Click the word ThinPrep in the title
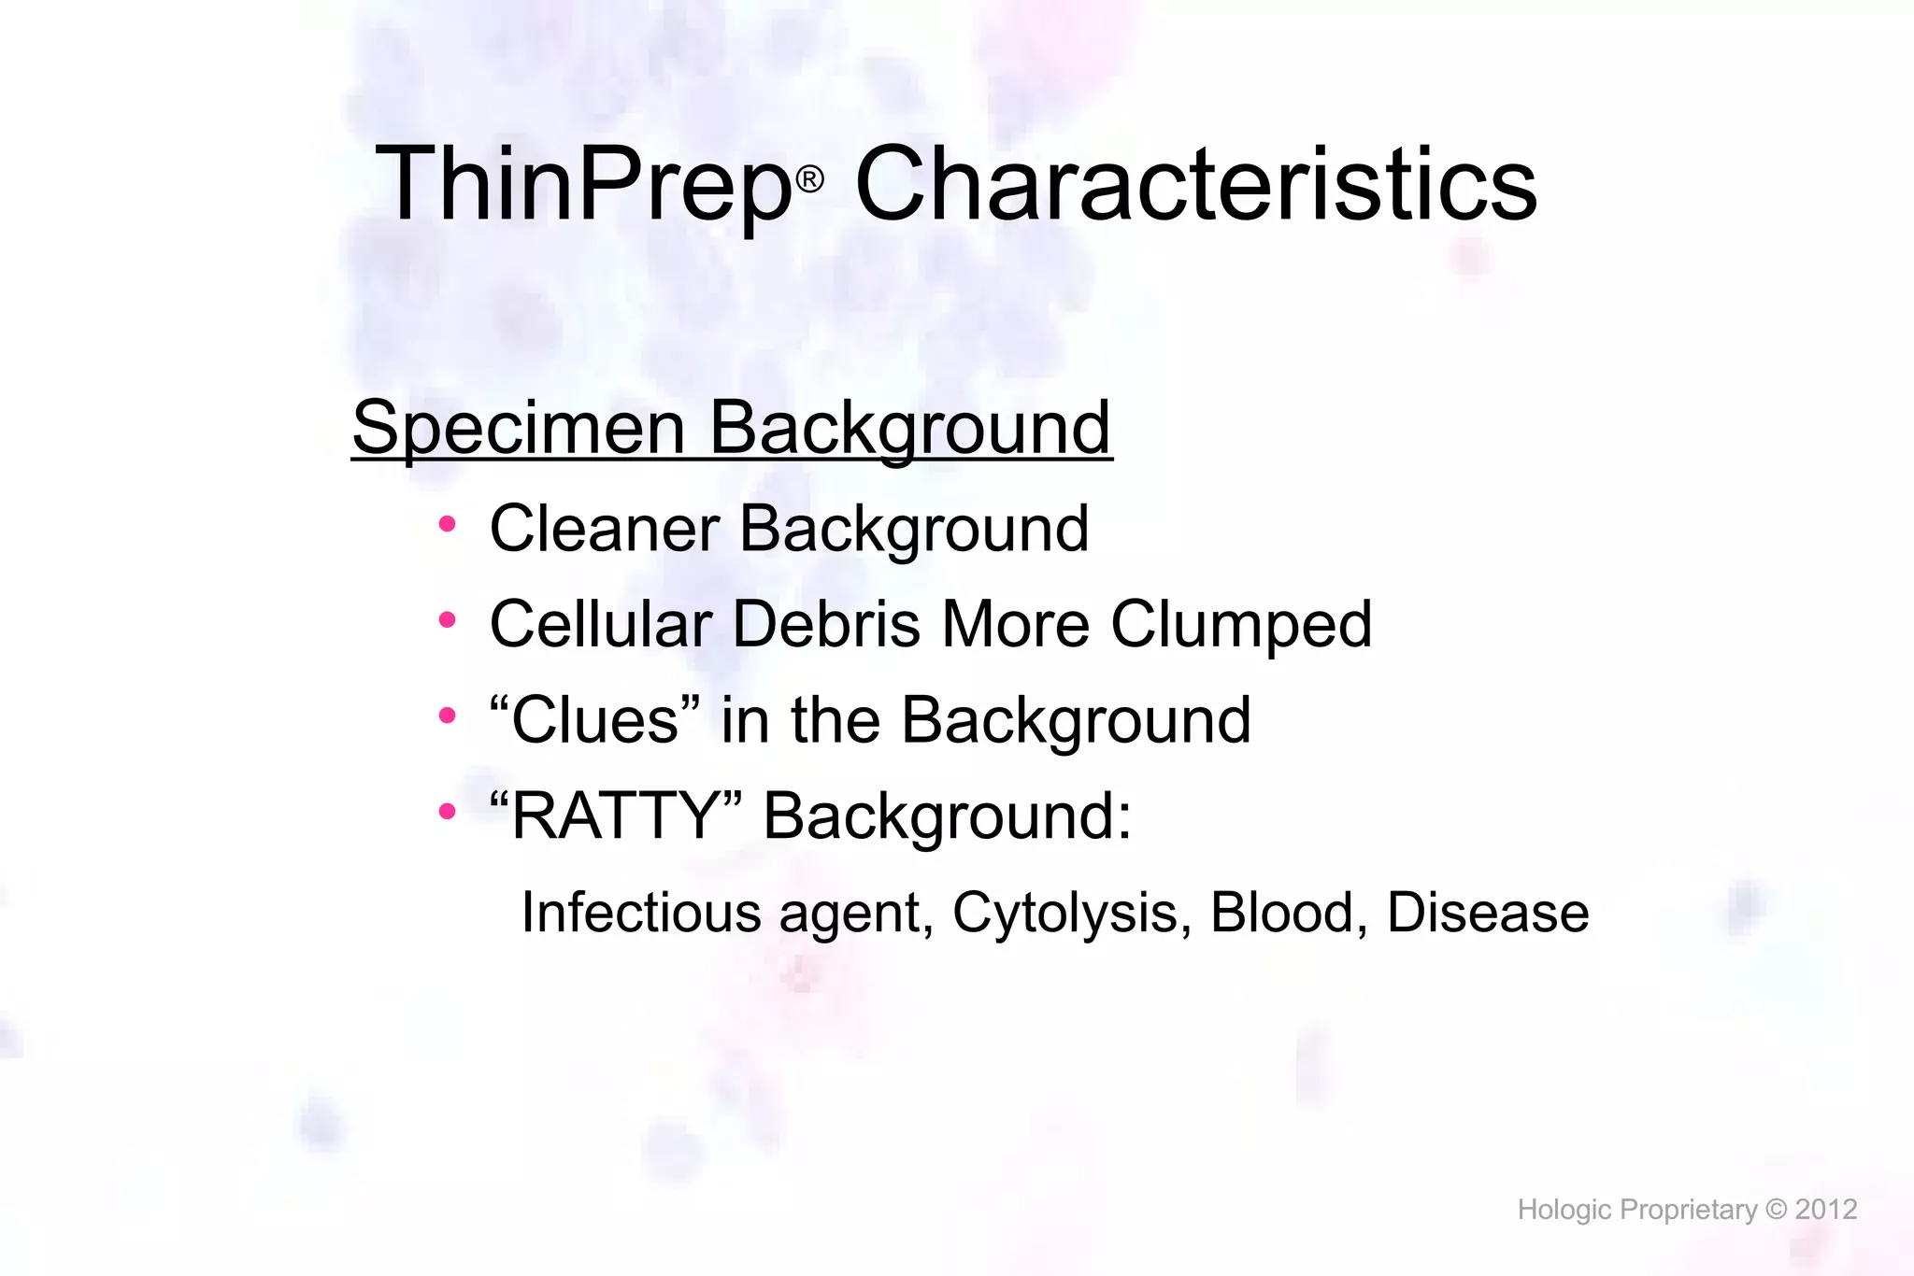point(584,185)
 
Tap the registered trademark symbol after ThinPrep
point(809,178)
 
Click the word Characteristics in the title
point(1196,185)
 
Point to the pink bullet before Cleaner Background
point(447,524)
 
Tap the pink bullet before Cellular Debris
point(447,619)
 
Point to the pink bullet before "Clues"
point(447,716)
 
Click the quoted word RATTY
point(615,816)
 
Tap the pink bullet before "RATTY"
point(447,811)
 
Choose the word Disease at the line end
point(1488,912)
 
